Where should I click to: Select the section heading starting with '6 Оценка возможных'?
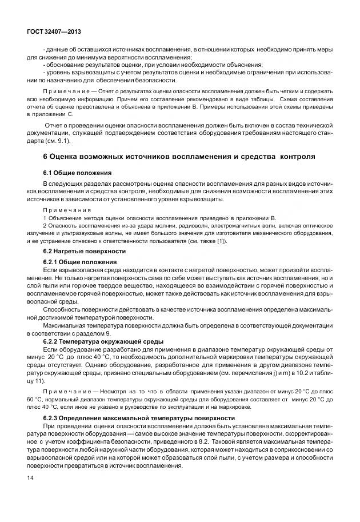tap(179, 157)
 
